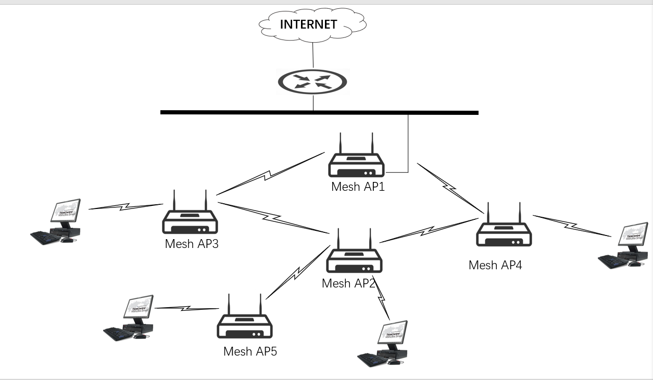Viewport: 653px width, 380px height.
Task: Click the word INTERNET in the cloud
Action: [x=309, y=24]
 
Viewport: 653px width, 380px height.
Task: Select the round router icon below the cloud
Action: [x=312, y=82]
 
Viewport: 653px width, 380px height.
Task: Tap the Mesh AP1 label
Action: [x=358, y=187]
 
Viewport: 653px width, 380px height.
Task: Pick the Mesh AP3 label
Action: [x=192, y=243]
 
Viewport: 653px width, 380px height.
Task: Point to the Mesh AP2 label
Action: [x=348, y=283]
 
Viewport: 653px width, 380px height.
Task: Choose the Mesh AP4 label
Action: [x=495, y=265]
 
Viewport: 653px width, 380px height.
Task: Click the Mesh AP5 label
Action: [x=250, y=351]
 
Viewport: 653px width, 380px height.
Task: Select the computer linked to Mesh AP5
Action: [x=130, y=318]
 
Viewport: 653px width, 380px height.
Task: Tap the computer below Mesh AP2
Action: [x=384, y=344]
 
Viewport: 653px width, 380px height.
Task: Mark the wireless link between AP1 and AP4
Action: [x=449, y=189]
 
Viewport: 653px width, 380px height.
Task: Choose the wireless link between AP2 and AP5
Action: [x=298, y=273]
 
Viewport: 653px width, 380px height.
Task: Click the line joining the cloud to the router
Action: [x=313, y=55]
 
